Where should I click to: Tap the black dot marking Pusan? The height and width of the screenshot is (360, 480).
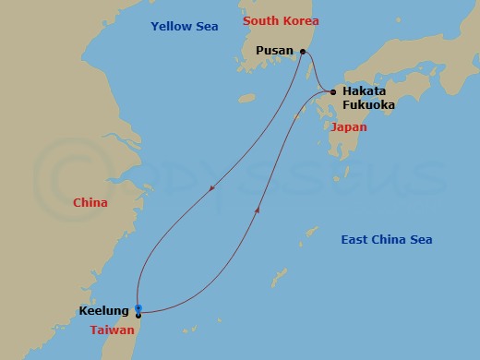click(x=302, y=52)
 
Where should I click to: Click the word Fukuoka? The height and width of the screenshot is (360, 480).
click(x=368, y=105)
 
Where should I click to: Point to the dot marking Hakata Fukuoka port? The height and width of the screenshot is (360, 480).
click(x=333, y=91)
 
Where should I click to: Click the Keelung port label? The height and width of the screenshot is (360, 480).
click(x=104, y=312)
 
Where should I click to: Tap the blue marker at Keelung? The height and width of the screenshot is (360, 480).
click(x=138, y=307)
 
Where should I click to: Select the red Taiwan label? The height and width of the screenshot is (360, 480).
click(x=114, y=330)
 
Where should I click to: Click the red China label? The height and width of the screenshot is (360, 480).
click(x=90, y=203)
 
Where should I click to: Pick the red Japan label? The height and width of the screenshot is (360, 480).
click(x=348, y=127)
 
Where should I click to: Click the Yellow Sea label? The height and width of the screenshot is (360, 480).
click(x=185, y=27)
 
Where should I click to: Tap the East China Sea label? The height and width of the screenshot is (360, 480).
click(x=387, y=240)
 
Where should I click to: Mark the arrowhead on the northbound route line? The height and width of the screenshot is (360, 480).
click(x=257, y=210)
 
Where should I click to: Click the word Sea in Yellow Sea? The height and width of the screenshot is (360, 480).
click(x=206, y=27)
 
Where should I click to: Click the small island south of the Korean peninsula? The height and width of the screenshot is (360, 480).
click(x=246, y=97)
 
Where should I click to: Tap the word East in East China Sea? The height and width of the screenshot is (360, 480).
click(x=356, y=240)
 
